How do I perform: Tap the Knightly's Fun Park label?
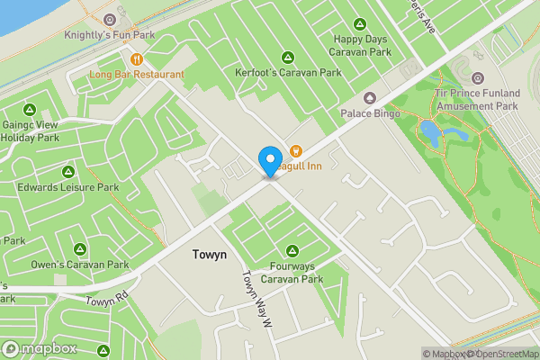(x=109, y=36)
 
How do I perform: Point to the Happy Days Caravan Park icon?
(x=360, y=24)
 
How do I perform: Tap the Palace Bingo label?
(x=369, y=113)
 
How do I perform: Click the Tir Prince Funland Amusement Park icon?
(x=477, y=78)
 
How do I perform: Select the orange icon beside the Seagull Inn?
(x=294, y=149)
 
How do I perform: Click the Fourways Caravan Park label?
(x=292, y=273)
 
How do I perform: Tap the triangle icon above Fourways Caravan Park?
(x=292, y=249)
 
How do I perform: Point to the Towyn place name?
(x=209, y=256)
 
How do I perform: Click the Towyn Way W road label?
(x=256, y=292)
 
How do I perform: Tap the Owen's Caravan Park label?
(x=80, y=265)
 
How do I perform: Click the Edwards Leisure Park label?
(x=68, y=188)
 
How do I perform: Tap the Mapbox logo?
(x=40, y=348)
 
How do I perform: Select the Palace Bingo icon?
(x=369, y=97)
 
